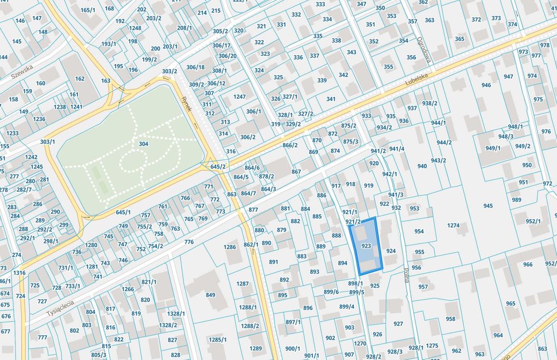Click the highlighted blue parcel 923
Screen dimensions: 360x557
[x=367, y=246]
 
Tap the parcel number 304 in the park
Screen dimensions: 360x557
[x=143, y=144]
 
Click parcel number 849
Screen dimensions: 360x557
[x=211, y=295]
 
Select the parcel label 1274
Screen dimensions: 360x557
[x=453, y=226]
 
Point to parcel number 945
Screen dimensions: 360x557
[x=488, y=206]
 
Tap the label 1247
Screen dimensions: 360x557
[x=240, y=96]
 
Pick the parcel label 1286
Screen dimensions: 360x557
[x=230, y=247]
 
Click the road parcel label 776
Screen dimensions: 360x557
[x=189, y=242]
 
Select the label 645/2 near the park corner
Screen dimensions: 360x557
[x=218, y=167]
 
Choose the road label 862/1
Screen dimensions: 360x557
[x=251, y=245]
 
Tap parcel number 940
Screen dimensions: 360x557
[x=422, y=166]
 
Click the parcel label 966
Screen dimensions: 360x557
[x=527, y=265]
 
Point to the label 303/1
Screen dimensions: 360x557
[x=48, y=142]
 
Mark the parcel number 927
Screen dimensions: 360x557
[x=398, y=324]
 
